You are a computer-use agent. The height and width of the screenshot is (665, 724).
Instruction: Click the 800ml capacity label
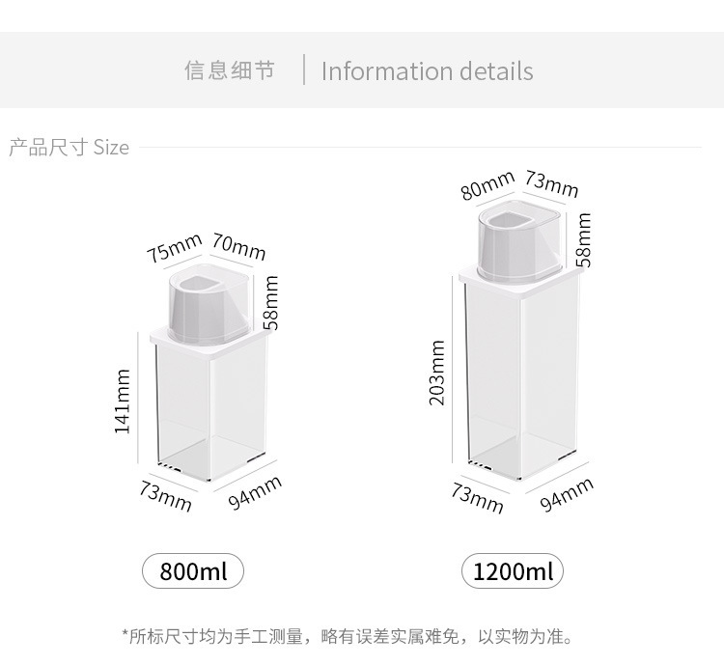(193, 571)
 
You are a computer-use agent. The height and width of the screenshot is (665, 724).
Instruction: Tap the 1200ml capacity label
(513, 571)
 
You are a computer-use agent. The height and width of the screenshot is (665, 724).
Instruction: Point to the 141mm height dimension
(123, 402)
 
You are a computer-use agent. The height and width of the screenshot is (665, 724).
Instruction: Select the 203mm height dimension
(437, 373)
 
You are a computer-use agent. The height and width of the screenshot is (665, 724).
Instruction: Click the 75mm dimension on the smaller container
(174, 248)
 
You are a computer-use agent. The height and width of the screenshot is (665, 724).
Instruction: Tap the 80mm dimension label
(487, 184)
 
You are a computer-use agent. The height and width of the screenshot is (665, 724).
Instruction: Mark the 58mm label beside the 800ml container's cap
(271, 302)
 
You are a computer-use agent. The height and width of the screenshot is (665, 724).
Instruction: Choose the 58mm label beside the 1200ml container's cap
(583, 240)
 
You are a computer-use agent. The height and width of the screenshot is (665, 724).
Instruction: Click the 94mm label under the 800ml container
(255, 493)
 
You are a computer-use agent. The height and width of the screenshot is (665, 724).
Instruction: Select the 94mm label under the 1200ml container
(567, 494)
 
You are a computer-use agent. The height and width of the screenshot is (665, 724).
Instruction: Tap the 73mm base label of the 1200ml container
(478, 498)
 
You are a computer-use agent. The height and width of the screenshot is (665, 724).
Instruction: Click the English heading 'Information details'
(427, 71)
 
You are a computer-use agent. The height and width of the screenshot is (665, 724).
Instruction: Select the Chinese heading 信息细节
(230, 70)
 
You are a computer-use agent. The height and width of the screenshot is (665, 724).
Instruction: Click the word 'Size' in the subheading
(111, 148)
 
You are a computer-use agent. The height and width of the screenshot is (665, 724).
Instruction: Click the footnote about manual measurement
(348, 636)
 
